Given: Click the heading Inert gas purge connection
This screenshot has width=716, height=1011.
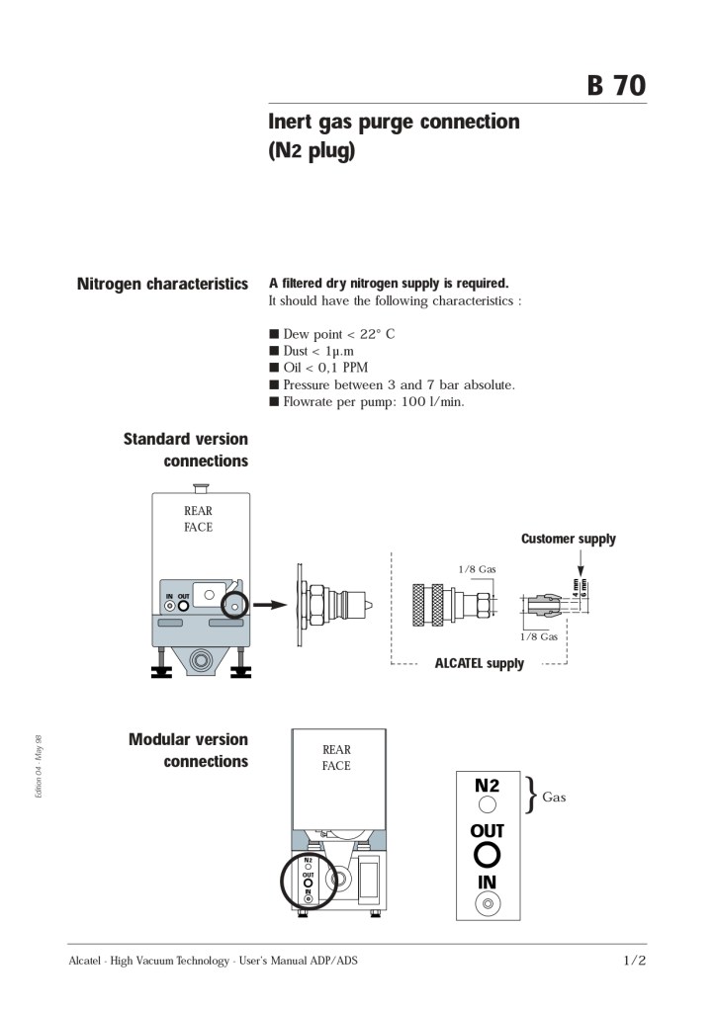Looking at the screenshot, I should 394,122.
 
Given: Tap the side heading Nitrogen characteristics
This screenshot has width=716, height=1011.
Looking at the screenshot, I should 162,285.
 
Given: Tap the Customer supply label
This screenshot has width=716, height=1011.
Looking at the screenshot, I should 568,539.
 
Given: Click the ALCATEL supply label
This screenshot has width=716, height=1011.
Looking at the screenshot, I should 479,663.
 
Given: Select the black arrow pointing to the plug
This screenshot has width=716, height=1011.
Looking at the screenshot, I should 268,603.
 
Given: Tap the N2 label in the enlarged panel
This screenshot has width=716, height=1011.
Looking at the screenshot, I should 487,786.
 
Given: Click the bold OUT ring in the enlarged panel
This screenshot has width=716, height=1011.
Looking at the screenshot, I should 487,854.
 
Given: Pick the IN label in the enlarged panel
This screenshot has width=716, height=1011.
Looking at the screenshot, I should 487,882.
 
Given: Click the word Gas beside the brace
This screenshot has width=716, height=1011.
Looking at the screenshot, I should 554,797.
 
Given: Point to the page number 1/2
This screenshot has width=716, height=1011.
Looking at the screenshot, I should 634,960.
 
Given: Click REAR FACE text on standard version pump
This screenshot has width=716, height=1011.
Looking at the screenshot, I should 198,519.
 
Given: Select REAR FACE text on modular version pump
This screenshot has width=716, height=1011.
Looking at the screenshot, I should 336,757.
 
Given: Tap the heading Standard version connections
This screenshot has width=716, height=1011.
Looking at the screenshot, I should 186,450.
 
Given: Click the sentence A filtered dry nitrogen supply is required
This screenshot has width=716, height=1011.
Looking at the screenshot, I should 389,284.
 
